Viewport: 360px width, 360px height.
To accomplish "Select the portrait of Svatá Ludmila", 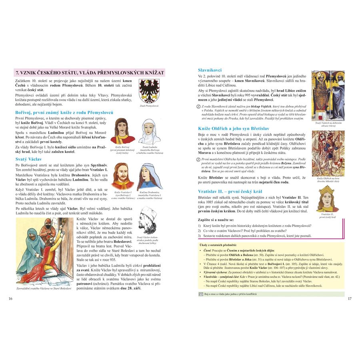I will click(x=149, y=133).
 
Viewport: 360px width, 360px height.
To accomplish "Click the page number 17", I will click(x=349, y=298).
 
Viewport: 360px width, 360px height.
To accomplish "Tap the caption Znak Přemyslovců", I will click(x=149, y=106).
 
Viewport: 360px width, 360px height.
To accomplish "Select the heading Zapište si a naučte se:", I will click(x=216, y=220).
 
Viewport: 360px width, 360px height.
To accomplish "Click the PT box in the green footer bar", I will click(x=201, y=294).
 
